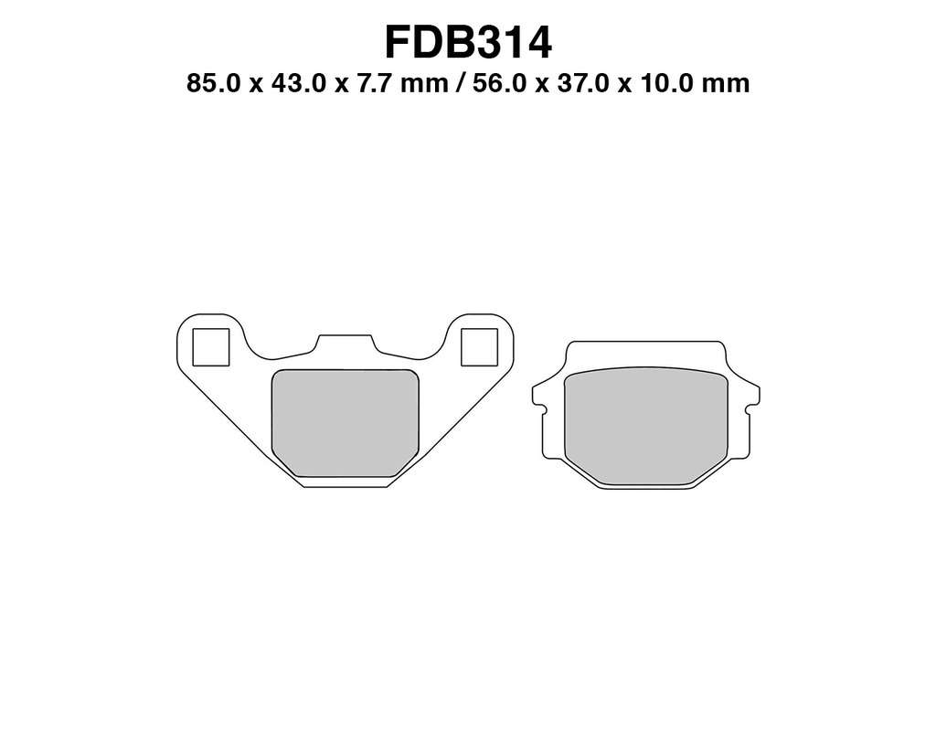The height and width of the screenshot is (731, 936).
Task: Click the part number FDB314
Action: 468,42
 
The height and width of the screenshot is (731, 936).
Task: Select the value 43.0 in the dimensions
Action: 299,83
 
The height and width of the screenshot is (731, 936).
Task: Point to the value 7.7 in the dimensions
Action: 374,83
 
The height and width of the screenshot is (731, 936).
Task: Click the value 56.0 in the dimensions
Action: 500,83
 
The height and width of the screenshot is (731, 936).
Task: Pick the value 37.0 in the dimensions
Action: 583,83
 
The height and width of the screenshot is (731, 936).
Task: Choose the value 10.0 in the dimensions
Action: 666,83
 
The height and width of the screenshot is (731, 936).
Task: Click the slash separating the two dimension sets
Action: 460,83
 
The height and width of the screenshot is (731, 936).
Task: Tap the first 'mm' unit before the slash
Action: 424,85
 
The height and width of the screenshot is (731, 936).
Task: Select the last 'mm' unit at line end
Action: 726,85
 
